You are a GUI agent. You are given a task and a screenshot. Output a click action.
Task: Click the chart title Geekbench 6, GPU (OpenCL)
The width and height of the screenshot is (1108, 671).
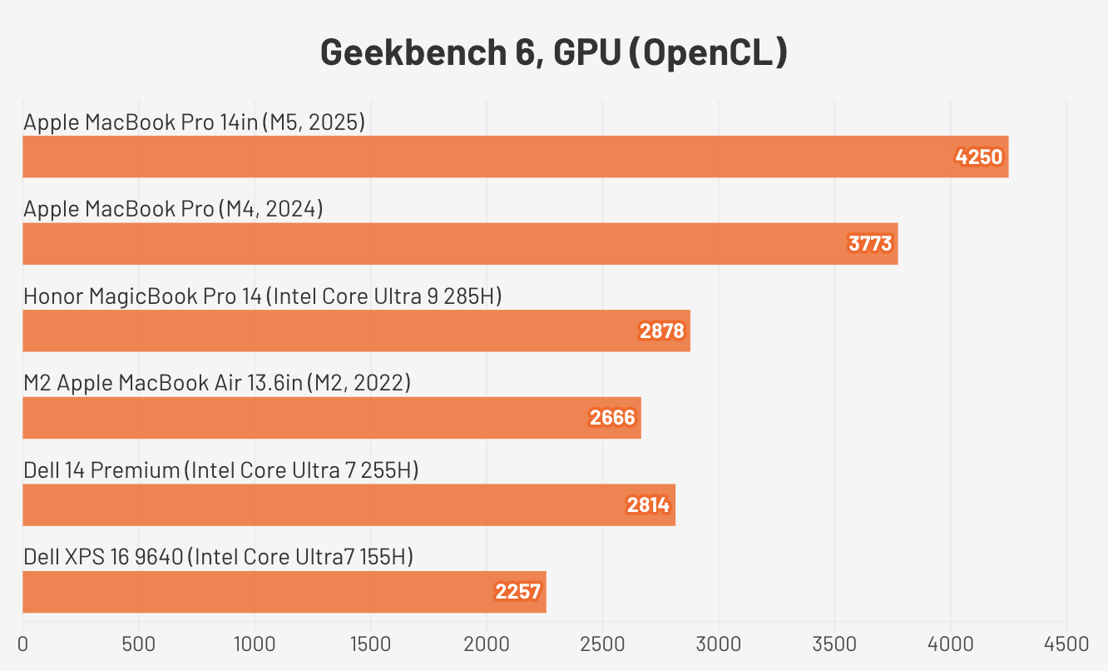point(553,52)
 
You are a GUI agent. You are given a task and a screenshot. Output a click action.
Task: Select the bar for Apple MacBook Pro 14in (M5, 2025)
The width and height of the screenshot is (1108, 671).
point(515,157)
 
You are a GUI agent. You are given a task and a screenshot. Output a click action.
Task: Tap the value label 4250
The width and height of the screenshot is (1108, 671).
point(979,157)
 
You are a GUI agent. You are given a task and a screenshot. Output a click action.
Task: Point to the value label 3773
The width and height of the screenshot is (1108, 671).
point(869,244)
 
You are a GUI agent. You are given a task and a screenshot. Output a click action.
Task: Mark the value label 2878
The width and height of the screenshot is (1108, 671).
point(661,331)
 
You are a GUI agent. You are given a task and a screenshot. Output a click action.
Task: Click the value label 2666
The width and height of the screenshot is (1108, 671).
point(612,418)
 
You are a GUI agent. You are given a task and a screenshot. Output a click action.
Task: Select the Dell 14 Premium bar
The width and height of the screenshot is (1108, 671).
point(349,504)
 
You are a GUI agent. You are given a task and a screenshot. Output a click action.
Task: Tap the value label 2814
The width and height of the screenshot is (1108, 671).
point(647,505)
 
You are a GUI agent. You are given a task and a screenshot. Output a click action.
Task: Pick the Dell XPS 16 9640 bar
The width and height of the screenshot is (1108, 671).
point(284,592)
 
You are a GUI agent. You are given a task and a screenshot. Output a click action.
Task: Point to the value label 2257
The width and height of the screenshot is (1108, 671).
point(517,592)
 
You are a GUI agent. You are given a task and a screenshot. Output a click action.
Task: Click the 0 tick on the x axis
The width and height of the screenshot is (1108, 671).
point(22,644)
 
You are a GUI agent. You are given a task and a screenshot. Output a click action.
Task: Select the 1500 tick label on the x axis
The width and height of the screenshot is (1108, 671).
point(370,644)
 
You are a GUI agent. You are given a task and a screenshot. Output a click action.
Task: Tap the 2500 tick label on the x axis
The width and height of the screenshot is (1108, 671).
point(602,644)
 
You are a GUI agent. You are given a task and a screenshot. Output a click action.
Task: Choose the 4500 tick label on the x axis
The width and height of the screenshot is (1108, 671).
point(1066,644)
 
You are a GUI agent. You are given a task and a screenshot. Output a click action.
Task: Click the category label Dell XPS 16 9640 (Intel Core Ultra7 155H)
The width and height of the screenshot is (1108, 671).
point(218,557)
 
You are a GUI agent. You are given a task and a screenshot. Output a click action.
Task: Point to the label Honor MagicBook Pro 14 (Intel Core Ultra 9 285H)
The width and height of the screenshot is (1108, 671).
point(262,296)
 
